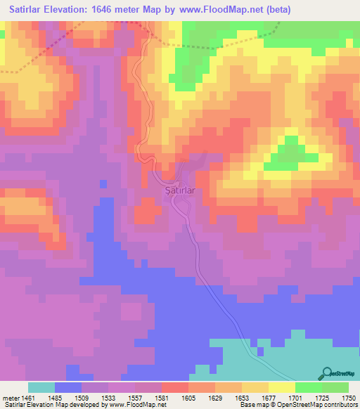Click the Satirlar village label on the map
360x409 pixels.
coord(179,190)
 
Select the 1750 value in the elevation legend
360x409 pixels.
coord(348,397)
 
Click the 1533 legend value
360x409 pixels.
coord(108,397)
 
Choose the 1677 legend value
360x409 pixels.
coord(268,397)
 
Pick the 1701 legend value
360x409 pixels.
coord(295,397)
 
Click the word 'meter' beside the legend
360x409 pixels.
coord(11,397)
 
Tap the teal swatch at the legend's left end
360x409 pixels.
coord(41,387)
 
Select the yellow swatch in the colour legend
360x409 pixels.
coord(281,387)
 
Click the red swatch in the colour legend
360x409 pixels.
coord(175,387)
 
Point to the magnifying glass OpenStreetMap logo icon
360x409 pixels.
coord(326,374)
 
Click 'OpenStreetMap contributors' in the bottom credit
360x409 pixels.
coord(317,405)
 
